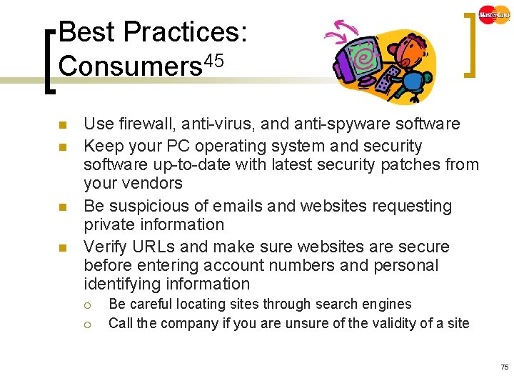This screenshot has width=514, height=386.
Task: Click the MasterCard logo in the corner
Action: pyautogui.click(x=494, y=14)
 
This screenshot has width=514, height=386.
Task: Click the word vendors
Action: pyautogui.click(x=153, y=184)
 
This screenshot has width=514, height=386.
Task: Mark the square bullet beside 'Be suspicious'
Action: pyautogui.click(x=62, y=207)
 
